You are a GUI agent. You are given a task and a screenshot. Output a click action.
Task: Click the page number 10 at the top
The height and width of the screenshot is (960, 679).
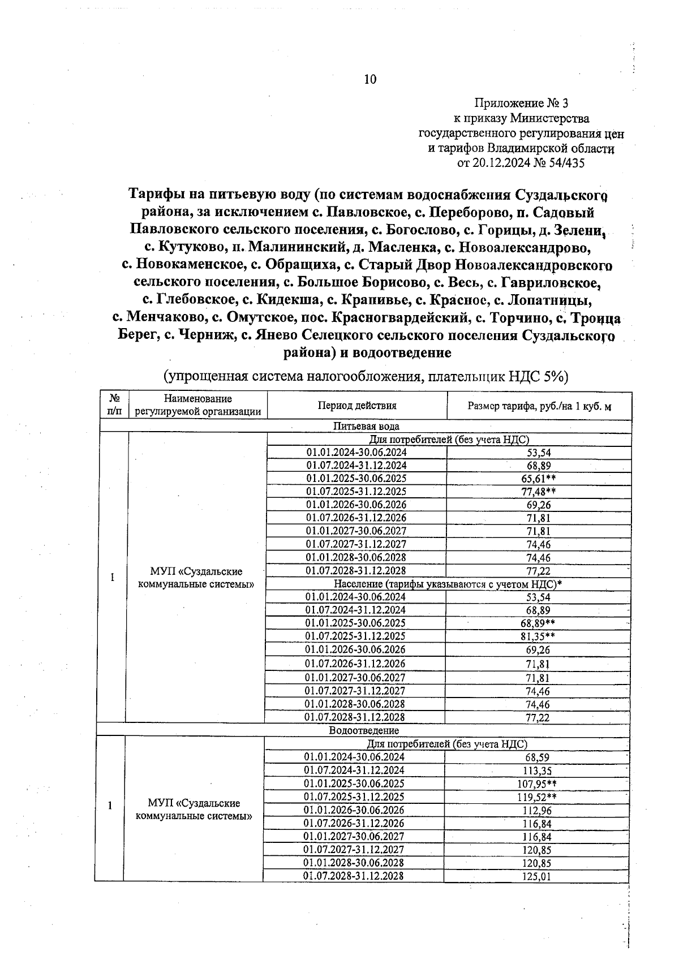pyautogui.click(x=370, y=80)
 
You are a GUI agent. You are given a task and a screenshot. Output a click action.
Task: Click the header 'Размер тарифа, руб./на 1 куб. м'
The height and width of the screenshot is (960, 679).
pyautogui.click(x=539, y=406)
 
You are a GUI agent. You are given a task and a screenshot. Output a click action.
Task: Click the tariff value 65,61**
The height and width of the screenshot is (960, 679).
pyautogui.click(x=538, y=479)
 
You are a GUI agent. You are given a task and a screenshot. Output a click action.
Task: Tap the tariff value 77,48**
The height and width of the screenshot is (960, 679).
pyautogui.click(x=538, y=492)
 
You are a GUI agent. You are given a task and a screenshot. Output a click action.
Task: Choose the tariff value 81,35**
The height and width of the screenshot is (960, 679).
pyautogui.click(x=538, y=636)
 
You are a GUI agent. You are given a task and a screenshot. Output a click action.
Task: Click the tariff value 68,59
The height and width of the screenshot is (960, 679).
pyautogui.click(x=537, y=757)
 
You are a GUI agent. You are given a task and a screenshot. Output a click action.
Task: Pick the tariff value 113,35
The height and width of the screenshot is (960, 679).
pyautogui.click(x=537, y=770)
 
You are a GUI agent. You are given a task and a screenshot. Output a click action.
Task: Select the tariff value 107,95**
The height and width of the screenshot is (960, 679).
pyautogui.click(x=537, y=784)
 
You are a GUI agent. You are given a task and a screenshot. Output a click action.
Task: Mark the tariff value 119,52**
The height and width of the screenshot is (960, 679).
pyautogui.click(x=537, y=797)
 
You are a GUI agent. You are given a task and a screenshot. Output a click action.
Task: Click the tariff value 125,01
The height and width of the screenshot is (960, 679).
pyautogui.click(x=537, y=877)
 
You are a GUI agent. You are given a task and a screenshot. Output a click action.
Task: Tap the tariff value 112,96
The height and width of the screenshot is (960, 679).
pyautogui.click(x=537, y=811)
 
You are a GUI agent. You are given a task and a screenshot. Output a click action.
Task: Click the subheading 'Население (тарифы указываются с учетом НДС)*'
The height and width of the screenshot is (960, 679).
pyautogui.click(x=448, y=584)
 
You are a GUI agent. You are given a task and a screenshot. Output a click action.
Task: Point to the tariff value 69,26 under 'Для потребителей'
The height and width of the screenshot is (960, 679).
pyautogui.click(x=538, y=505)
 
